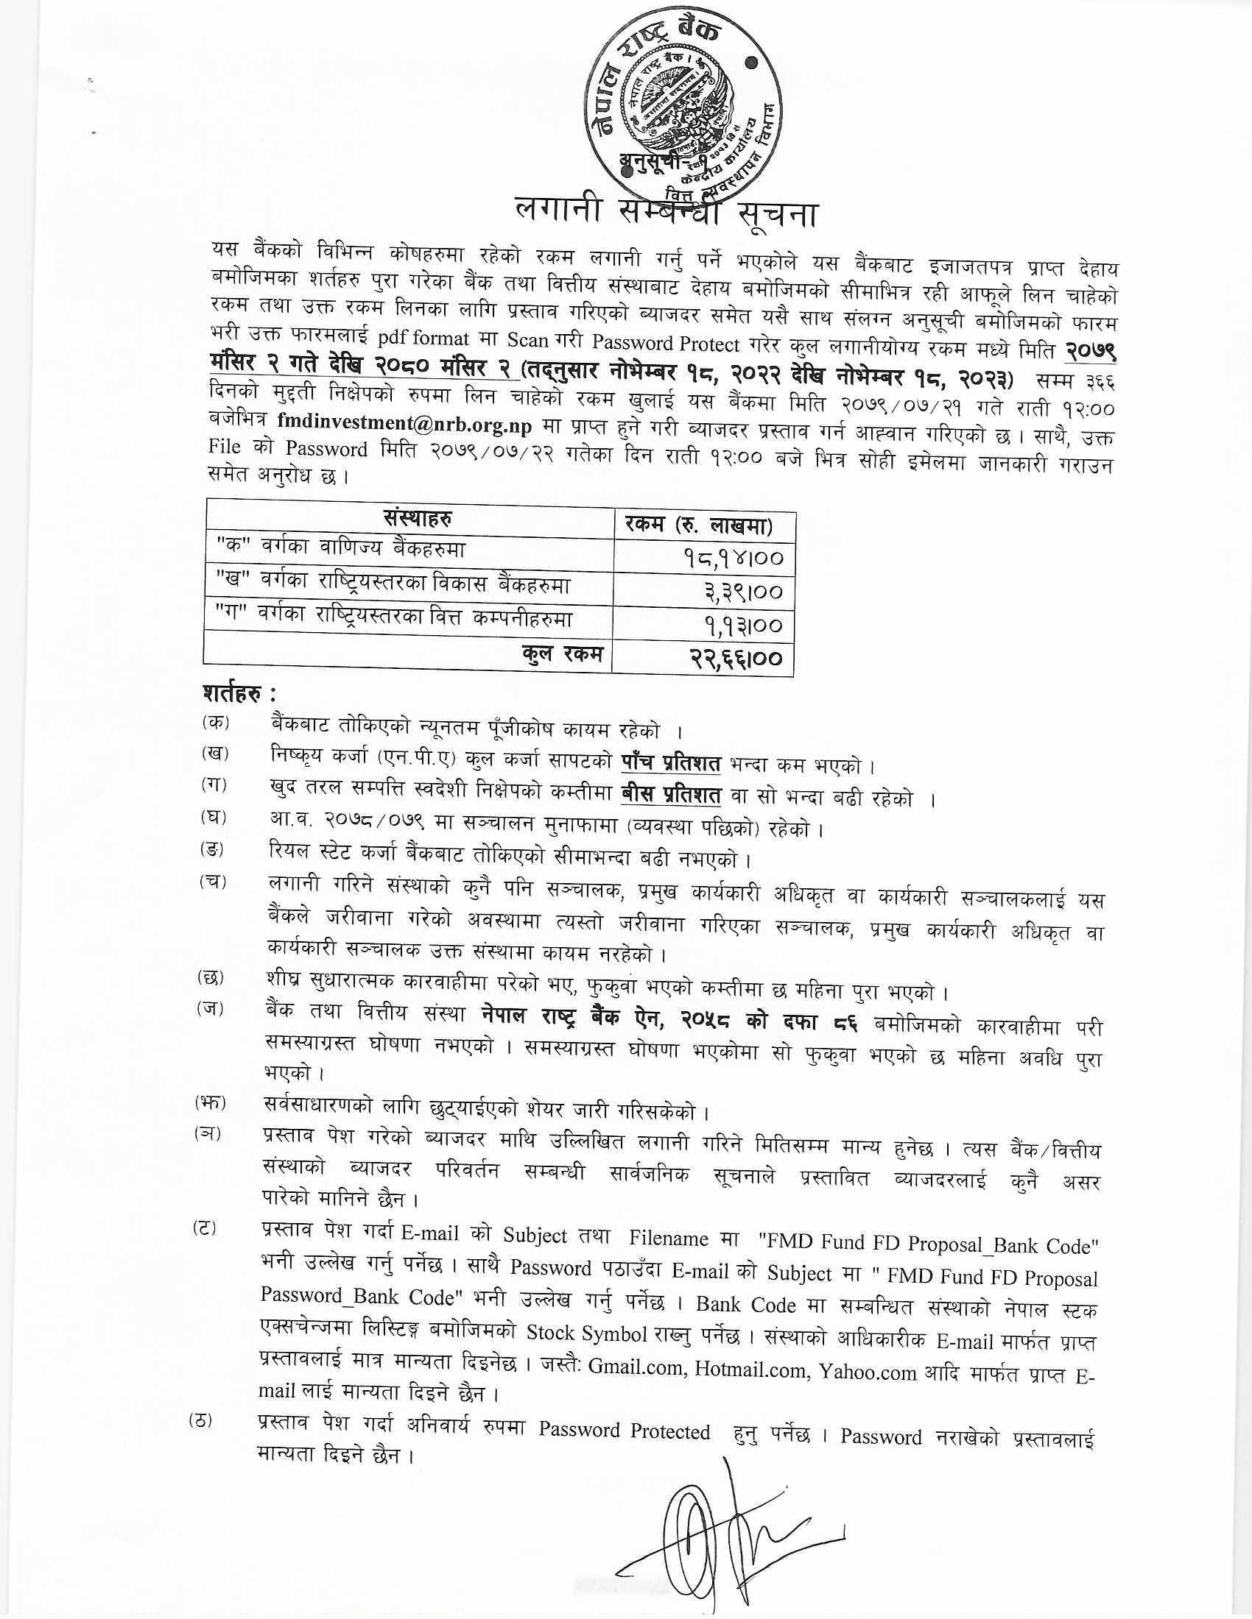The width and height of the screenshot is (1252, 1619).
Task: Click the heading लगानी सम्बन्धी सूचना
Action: pos(666,215)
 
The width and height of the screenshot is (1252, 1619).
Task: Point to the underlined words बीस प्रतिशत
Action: pos(670,796)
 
